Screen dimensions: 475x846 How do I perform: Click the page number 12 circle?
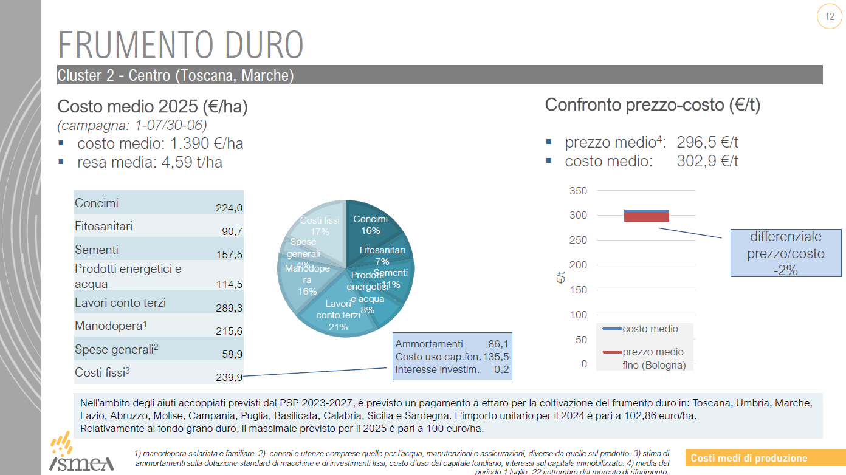point(830,17)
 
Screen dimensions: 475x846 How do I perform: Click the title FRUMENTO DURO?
point(181,44)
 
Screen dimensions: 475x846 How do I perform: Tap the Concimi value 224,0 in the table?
point(229,208)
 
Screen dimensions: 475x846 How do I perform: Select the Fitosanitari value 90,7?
point(232,231)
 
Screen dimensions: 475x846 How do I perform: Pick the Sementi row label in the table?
point(97,250)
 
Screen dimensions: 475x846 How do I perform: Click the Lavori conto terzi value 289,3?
point(229,308)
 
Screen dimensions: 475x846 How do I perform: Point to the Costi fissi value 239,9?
point(229,377)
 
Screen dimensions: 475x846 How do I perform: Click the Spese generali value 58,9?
point(232,354)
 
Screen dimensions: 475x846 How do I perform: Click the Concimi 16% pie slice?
point(371,225)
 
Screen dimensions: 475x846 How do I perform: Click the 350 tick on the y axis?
point(578,191)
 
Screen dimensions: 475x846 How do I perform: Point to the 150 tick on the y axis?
point(578,290)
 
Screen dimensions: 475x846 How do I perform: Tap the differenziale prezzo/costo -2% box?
point(785,253)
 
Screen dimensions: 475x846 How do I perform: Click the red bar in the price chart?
point(646,217)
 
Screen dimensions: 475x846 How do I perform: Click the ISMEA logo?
point(81,454)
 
